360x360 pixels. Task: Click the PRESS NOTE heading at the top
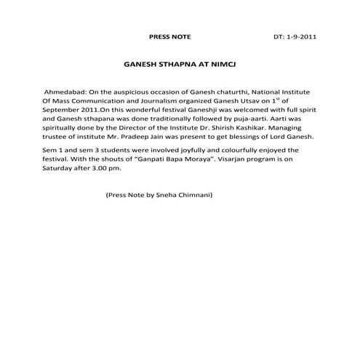click(170, 35)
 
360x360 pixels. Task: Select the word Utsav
click(251, 105)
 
